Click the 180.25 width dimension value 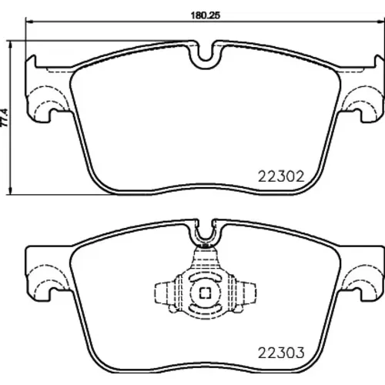click(x=206, y=15)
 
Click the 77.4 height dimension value click(x=5, y=117)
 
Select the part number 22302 click(x=281, y=176)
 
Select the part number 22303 click(x=281, y=353)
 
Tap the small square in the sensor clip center click(x=206, y=293)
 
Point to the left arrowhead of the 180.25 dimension click(x=28, y=22)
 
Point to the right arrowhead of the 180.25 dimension click(x=382, y=22)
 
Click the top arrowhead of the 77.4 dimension click(x=10, y=44)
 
